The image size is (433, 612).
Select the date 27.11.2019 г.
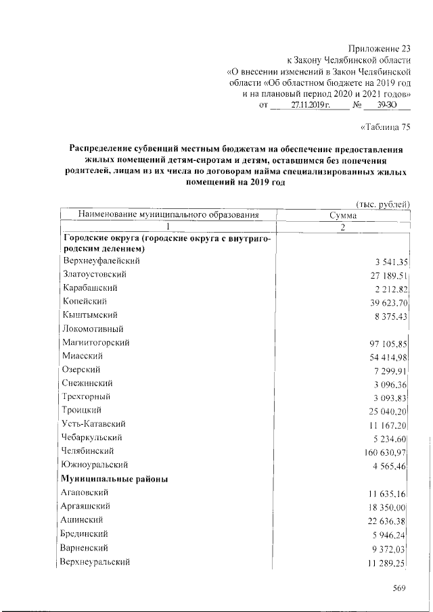coord(309,107)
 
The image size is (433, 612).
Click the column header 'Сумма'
coord(343,216)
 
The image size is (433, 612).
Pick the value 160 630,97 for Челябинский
coord(384,452)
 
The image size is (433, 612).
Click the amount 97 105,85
coord(386,344)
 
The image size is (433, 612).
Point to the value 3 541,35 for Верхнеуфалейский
coord(388,262)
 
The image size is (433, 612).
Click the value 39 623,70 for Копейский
coord(386,302)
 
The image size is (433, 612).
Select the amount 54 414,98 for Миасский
coord(386,357)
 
